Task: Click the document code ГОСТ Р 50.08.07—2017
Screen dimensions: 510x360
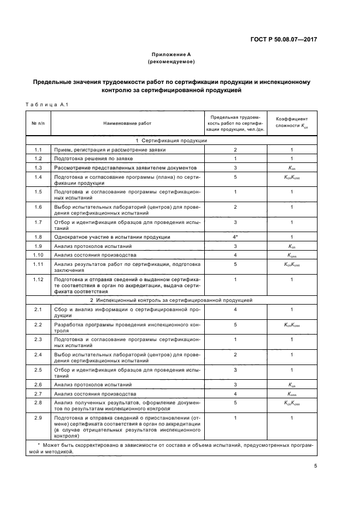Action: point(283,39)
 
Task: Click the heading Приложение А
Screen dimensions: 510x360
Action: point(170,54)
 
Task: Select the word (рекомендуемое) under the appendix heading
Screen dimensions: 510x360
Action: point(170,62)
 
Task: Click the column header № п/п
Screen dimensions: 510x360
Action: point(38,123)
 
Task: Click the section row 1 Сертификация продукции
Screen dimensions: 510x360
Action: point(170,141)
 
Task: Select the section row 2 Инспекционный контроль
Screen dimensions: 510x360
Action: point(170,300)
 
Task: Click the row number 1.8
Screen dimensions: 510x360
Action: point(38,237)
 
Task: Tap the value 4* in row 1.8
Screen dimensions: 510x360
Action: point(235,237)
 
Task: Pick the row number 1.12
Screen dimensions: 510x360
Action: point(38,280)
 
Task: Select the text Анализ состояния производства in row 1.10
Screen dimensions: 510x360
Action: point(90,254)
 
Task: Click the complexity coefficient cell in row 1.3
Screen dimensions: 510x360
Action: point(292,167)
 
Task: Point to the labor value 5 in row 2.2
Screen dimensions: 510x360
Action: point(235,325)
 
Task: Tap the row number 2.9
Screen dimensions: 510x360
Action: point(38,417)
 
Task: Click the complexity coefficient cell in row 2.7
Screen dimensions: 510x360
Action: point(292,393)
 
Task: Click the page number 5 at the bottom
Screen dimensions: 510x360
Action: point(315,465)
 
